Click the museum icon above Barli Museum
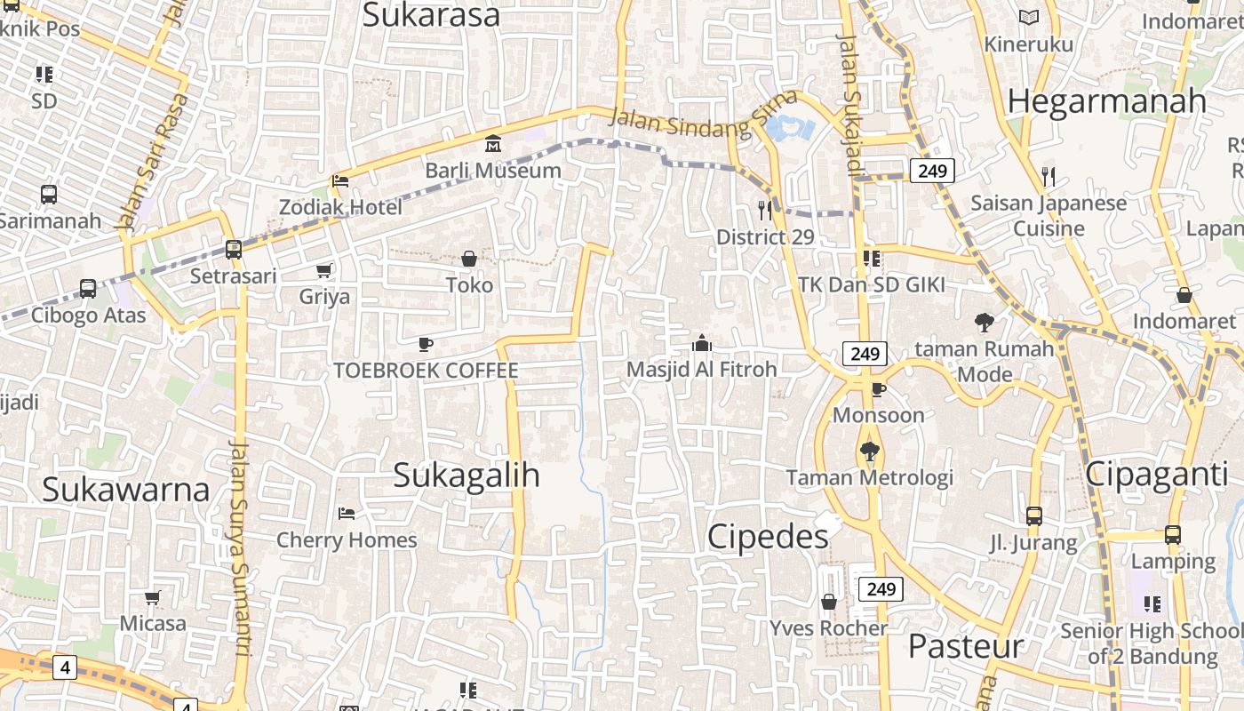pos(492,143)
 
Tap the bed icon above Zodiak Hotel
pos(339,181)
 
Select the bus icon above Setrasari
pos(233,250)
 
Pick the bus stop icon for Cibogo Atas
pos(87,289)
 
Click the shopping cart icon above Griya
pos(324,270)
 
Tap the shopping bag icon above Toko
pos(468,259)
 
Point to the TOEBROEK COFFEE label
pos(426,370)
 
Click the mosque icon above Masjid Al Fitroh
pos(701,343)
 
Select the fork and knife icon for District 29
pos(764,211)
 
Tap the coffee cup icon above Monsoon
pos(878,389)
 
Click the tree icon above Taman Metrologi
pos(870,451)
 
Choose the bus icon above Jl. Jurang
pos(1033,515)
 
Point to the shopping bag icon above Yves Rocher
pos(829,603)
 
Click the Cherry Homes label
pos(347,539)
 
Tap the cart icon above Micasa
pos(153,597)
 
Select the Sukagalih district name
pos(466,475)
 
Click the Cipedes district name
pos(769,536)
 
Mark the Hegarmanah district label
pos(1107,101)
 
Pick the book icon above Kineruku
pos(1029,17)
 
